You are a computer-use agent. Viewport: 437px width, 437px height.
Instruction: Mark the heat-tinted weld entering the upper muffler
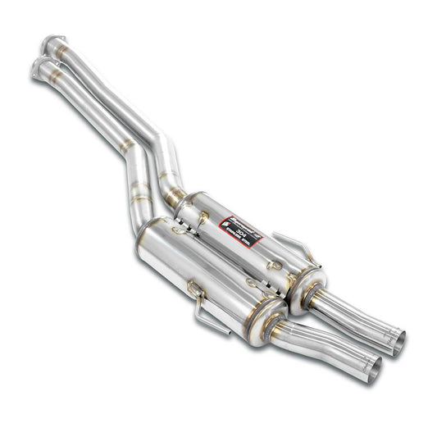click(x=174, y=197)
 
